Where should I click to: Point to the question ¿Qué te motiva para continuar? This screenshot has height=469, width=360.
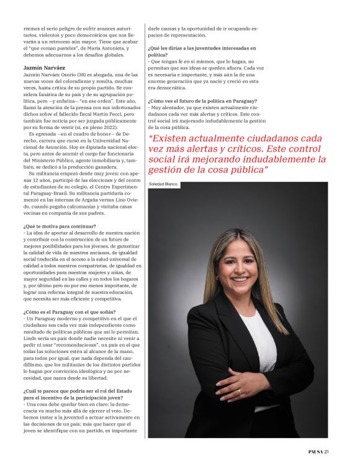[60, 226]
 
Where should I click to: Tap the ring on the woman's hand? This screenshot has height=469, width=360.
[240, 391]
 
